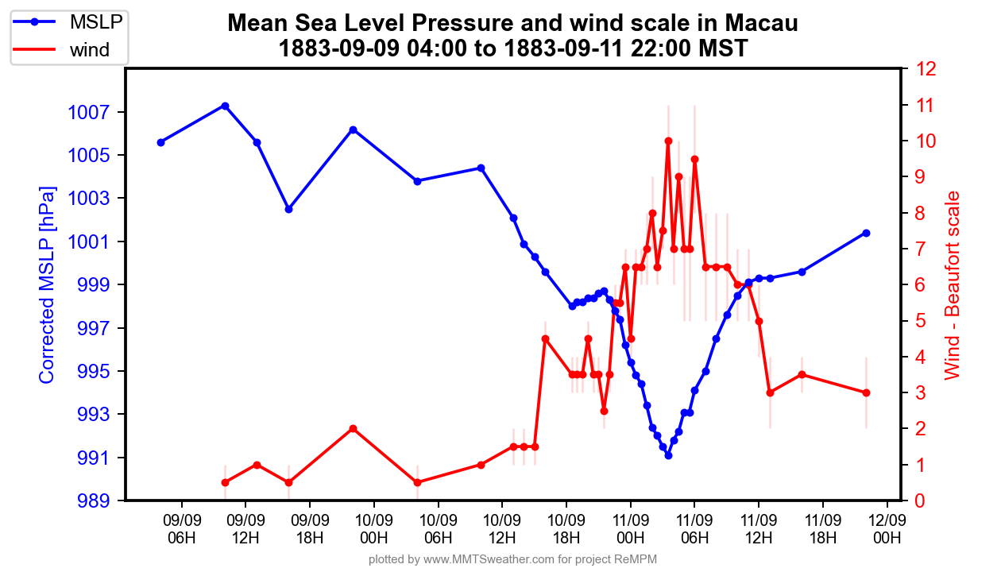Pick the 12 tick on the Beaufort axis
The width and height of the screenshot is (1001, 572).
pos(923,69)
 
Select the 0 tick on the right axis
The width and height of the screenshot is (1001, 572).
pos(919,500)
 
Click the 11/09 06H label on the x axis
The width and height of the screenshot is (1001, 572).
pos(694,528)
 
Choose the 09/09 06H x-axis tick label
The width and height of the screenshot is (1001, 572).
pos(182,528)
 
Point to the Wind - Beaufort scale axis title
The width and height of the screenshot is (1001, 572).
pos(952,285)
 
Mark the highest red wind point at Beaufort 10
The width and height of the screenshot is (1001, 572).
pos(668,141)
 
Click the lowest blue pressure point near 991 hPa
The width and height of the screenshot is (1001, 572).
pos(668,455)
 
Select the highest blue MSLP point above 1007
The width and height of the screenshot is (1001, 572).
pos(225,106)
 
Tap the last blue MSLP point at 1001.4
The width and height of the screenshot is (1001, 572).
pos(866,233)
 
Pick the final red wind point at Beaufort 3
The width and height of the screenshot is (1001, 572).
pos(866,392)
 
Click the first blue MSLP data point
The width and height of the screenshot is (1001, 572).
pos(160,142)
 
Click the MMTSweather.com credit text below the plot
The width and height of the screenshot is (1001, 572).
pos(512,559)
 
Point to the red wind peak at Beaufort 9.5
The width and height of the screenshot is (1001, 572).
pos(694,159)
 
